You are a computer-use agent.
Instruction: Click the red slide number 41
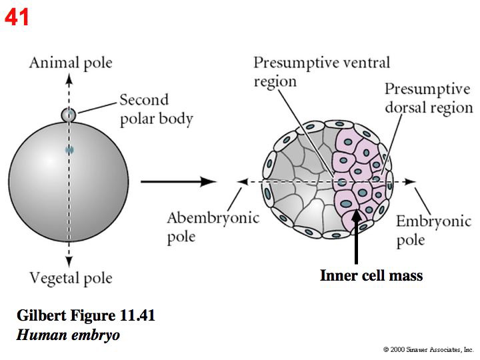pos(17,17)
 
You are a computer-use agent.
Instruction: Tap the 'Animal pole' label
pos(70,63)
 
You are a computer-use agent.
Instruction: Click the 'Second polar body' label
pos(156,110)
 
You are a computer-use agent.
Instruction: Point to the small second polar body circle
pos(69,115)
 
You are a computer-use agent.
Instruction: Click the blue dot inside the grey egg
pos(69,150)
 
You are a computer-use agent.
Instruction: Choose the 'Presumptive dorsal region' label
pos(428,98)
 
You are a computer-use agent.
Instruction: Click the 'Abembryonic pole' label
pos(213,227)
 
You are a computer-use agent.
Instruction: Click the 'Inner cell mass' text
pos(371,275)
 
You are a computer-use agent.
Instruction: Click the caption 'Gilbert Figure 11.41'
pos(85,315)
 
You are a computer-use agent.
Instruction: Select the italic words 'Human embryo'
pos(68,335)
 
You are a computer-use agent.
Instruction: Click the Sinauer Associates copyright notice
pos(428,349)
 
